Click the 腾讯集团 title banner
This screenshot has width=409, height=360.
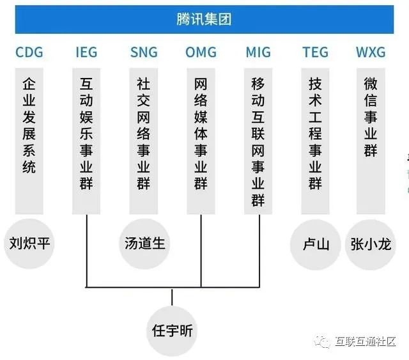[x=204, y=19]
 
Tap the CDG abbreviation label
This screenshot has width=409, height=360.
[x=29, y=52]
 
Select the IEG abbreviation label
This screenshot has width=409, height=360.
[x=86, y=52]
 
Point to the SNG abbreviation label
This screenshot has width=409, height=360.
[x=143, y=52]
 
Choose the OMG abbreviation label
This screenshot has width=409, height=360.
[x=201, y=52]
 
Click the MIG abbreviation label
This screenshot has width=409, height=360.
[x=258, y=52]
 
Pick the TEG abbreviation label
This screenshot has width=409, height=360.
[x=315, y=52]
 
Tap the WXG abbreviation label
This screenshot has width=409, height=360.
[x=371, y=52]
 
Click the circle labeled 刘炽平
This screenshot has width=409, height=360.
[x=29, y=243]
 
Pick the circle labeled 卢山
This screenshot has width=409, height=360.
[x=316, y=243]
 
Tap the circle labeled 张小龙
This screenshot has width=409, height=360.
[x=371, y=243]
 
